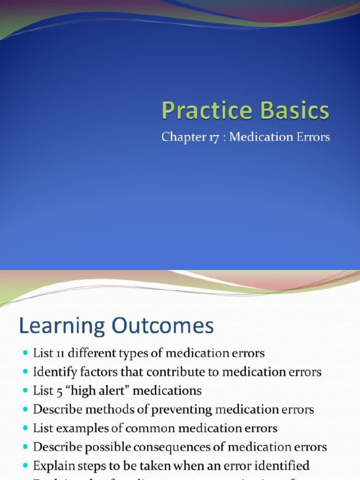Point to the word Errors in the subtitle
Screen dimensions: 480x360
[311, 137]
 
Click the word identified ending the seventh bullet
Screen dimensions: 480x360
[283, 465]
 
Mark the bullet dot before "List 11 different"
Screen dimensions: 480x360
[25, 353]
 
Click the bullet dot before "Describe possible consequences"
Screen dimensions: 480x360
[25, 447]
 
